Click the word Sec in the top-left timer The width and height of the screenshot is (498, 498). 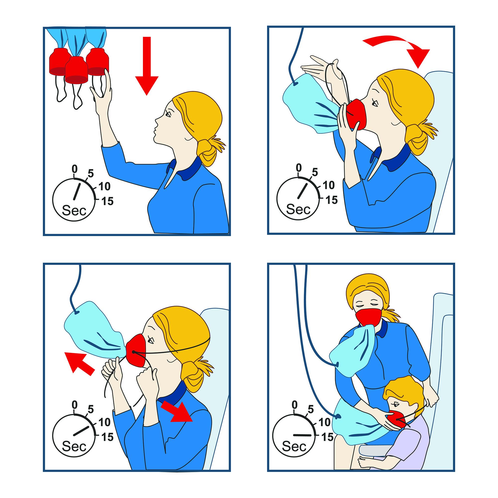tap(74, 211)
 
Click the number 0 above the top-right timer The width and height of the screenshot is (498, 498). tap(299, 168)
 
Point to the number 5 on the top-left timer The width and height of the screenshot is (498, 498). tap(90, 174)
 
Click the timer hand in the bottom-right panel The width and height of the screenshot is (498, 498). tap(303, 427)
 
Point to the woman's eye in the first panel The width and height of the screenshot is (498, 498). tap(168, 113)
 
